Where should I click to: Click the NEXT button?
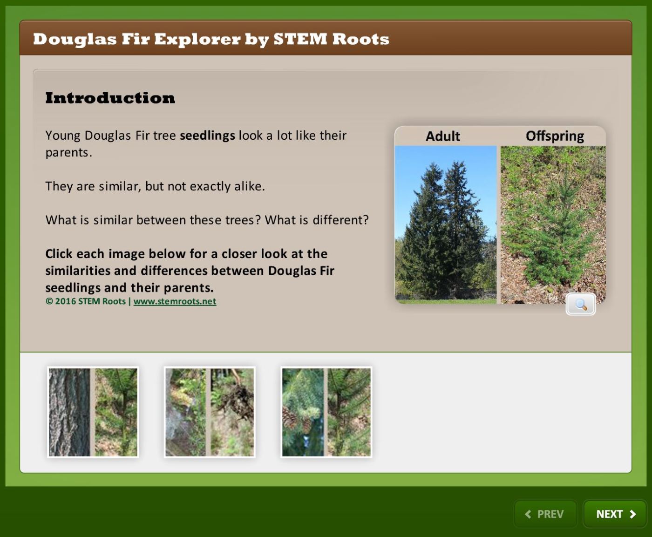point(615,514)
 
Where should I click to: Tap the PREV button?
point(545,514)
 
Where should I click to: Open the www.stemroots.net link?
point(175,301)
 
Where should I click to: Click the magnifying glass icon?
point(581,304)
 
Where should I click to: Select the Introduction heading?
point(110,98)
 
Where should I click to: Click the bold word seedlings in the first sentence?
point(207,136)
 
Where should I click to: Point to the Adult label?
point(443,136)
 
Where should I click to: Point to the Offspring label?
point(555,136)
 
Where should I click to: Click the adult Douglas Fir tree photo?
point(446,224)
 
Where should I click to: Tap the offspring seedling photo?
point(553,224)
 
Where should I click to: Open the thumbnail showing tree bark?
point(93,412)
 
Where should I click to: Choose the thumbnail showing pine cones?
point(326,412)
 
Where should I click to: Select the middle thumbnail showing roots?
point(210,412)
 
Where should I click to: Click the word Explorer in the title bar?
point(197,40)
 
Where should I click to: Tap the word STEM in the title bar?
point(300,39)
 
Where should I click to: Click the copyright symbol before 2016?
point(49,301)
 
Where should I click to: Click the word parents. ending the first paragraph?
point(69,153)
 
